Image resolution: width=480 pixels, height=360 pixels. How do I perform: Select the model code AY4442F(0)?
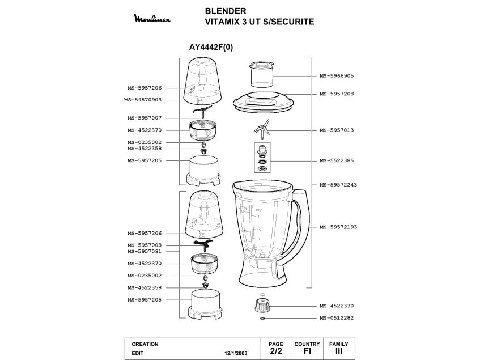pyautogui.click(x=211, y=48)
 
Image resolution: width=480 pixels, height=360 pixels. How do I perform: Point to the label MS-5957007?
pyautogui.click(x=145, y=118)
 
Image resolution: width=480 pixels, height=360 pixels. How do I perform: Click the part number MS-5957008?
pyautogui.click(x=145, y=245)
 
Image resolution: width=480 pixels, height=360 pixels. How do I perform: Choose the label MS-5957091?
pyautogui.click(x=145, y=251)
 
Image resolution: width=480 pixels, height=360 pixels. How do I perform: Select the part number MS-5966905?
pyautogui.click(x=336, y=75)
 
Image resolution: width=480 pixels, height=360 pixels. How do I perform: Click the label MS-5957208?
pyautogui.click(x=336, y=94)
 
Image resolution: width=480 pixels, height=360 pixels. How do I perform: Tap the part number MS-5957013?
pyautogui.click(x=336, y=130)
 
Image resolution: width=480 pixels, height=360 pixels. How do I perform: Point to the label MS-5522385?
pyautogui.click(x=336, y=160)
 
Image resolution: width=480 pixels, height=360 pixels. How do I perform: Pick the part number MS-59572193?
pyautogui.click(x=338, y=227)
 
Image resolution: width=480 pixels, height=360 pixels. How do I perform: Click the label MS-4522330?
pyautogui.click(x=336, y=306)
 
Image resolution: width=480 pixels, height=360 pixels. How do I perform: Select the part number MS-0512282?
pyautogui.click(x=336, y=318)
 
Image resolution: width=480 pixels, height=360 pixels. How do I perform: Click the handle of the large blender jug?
pyautogui.click(x=303, y=227)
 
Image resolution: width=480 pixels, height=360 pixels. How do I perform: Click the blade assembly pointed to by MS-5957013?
pyautogui.click(x=262, y=130)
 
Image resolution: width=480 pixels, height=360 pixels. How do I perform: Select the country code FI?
pyautogui.click(x=307, y=351)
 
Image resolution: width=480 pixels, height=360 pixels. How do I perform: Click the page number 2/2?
pyautogui.click(x=276, y=351)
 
